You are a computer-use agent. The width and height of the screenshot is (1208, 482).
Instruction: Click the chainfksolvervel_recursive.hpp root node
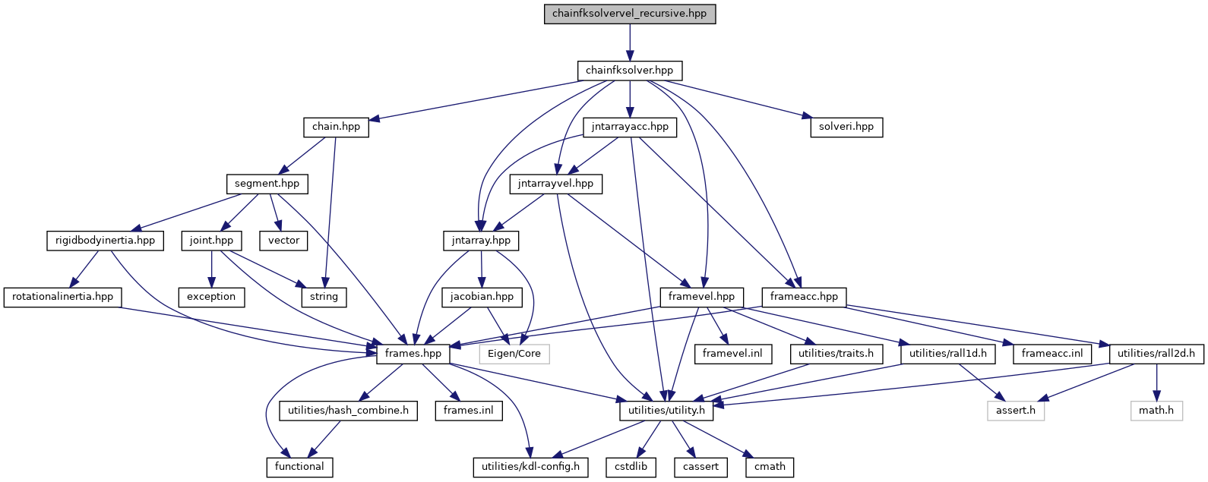tap(629, 14)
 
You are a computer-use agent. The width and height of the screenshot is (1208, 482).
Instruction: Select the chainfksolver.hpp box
tap(629, 71)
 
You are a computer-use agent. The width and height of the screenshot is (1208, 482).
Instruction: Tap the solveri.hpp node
tap(846, 127)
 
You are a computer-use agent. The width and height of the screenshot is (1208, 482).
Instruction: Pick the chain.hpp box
tap(336, 127)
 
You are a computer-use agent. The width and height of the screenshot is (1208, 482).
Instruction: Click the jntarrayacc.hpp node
tap(629, 127)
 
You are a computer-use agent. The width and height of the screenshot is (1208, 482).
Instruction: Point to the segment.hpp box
tap(267, 184)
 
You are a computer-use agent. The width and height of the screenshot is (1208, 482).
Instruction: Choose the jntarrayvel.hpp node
tap(555, 184)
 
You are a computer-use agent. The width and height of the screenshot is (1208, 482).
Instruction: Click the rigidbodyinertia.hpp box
tap(105, 241)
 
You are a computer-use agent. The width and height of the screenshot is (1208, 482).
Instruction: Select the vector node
tap(283, 241)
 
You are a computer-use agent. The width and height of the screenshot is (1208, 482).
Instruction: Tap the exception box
tap(211, 297)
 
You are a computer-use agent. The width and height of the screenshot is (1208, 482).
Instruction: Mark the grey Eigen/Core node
tap(514, 354)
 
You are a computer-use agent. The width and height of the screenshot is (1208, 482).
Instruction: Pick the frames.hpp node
tap(413, 354)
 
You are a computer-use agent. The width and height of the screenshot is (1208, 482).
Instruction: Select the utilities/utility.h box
tap(666, 411)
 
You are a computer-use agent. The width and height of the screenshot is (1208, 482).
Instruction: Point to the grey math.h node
tap(1156, 411)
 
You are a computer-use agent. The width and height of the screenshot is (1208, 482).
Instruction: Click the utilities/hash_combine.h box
tap(348, 411)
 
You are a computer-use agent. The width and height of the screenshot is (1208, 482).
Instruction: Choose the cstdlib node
tap(631, 467)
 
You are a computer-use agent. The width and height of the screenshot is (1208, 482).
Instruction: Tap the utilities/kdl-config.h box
tap(530, 467)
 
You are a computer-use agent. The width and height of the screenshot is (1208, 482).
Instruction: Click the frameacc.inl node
tap(1051, 354)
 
